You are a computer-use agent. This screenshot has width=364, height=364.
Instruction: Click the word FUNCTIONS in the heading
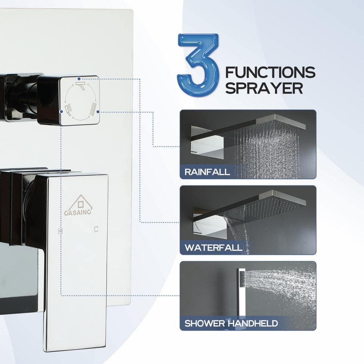pyautogui.click(x=270, y=72)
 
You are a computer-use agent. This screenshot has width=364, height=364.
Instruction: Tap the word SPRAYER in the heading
pyautogui.click(x=264, y=88)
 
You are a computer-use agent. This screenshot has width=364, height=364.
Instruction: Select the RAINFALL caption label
pyautogui.click(x=207, y=172)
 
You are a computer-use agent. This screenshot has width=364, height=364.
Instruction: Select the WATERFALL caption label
pyautogui.click(x=213, y=248)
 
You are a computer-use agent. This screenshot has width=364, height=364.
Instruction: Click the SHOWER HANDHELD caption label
pyautogui.click(x=231, y=323)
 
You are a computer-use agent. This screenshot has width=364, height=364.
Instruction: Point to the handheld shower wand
pyautogui.click(x=241, y=291)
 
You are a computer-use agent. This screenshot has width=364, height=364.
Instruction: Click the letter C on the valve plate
pyautogui.click(x=96, y=229)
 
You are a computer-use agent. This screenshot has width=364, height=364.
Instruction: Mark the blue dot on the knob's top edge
pyautogui.click(x=79, y=78)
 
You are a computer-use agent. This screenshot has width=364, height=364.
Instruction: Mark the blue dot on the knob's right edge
pyautogui.click(x=99, y=112)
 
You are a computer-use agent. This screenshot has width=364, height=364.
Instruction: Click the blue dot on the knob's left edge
pyautogui.click(x=61, y=112)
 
